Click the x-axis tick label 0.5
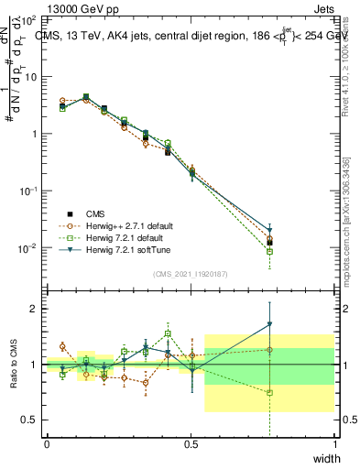191,444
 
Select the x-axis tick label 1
335,444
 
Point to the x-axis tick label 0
46,444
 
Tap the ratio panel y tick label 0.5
29,420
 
